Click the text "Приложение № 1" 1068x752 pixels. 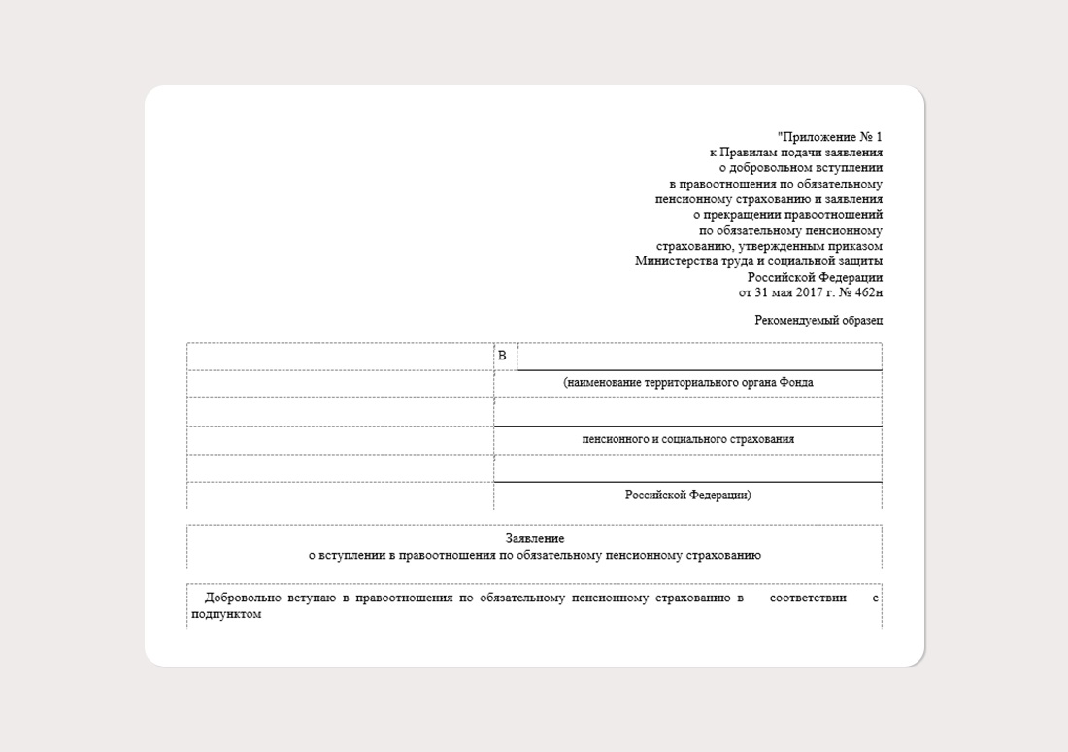coord(831,137)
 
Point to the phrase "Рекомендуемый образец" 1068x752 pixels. coord(818,320)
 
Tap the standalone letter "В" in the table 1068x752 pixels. coord(502,356)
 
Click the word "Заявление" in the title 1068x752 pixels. coord(534,538)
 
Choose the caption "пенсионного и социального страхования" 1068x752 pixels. coord(687,439)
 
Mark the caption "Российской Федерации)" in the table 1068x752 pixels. coord(687,495)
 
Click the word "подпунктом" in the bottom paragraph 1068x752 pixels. coord(226,614)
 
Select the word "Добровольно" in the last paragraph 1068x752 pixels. coord(242,598)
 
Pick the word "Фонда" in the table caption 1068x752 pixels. coord(796,383)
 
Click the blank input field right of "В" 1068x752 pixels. coord(699,357)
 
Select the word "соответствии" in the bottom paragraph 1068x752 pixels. coord(807,598)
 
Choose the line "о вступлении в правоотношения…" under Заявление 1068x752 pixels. coord(534,556)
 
